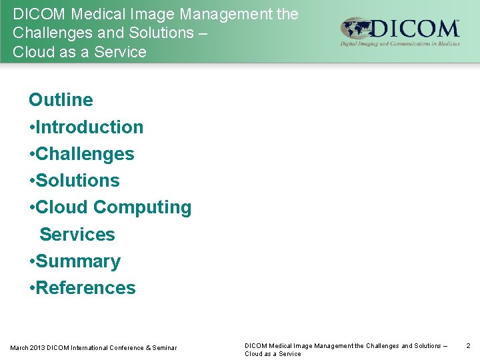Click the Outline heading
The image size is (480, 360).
(61, 100)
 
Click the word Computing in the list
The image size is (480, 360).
(142, 207)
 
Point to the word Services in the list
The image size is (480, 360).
(77, 235)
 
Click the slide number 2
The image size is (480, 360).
(468, 346)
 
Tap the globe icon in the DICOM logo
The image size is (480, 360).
(355, 30)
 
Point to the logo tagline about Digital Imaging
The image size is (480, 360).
(400, 44)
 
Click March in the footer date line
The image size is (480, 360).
(19, 348)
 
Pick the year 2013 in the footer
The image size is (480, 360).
(38, 348)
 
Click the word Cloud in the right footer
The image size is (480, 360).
(254, 354)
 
